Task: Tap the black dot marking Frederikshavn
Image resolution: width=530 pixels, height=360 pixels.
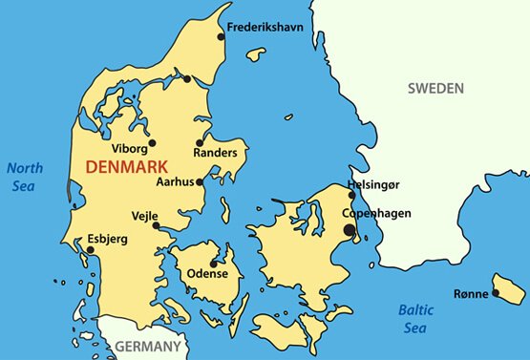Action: tap(222, 37)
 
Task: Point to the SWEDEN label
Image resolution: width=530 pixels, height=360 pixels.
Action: tap(435, 88)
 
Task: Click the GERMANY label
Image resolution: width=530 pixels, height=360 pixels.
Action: tap(146, 347)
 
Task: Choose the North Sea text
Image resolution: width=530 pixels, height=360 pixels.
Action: tap(24, 177)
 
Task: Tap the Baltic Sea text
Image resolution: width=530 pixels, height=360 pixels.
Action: tap(415, 319)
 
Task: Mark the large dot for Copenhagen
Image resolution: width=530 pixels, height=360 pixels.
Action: tap(350, 229)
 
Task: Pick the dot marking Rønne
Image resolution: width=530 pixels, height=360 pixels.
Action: tap(496, 293)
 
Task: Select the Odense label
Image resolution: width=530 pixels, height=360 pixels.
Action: tap(207, 274)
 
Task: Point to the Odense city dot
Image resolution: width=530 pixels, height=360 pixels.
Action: tap(213, 263)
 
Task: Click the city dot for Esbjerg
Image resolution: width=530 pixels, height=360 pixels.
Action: tap(91, 250)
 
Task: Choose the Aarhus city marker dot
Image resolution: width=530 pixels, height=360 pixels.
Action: tap(200, 180)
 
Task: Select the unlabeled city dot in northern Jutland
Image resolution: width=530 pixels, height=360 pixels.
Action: tap(187, 78)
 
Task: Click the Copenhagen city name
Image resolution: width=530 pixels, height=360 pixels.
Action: tap(380, 213)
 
